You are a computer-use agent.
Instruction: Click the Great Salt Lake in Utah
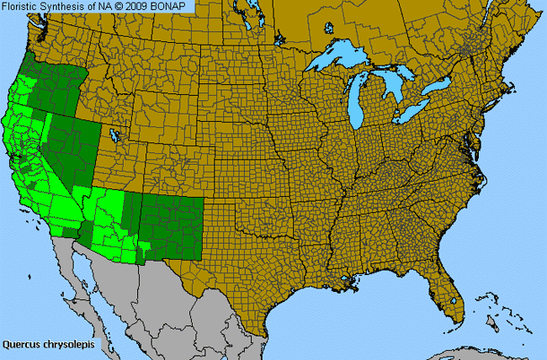(x=111, y=135)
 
